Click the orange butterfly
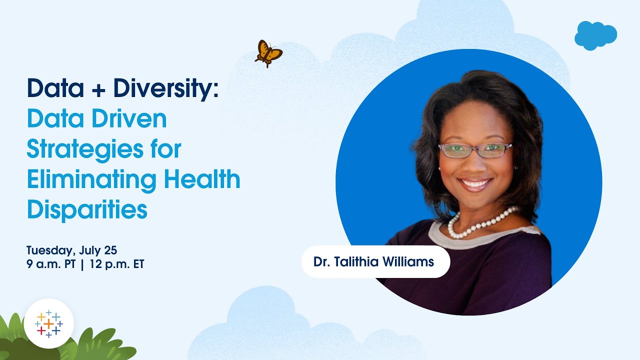pos(268,53)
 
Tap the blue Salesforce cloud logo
pos(595,35)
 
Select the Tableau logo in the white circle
pos(48,323)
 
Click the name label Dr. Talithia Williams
pos(374,261)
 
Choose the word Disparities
pos(87,210)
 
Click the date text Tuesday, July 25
pos(71,249)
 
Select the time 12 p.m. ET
pos(117,264)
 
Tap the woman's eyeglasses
pos(474,150)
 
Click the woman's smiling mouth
pos(474,183)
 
